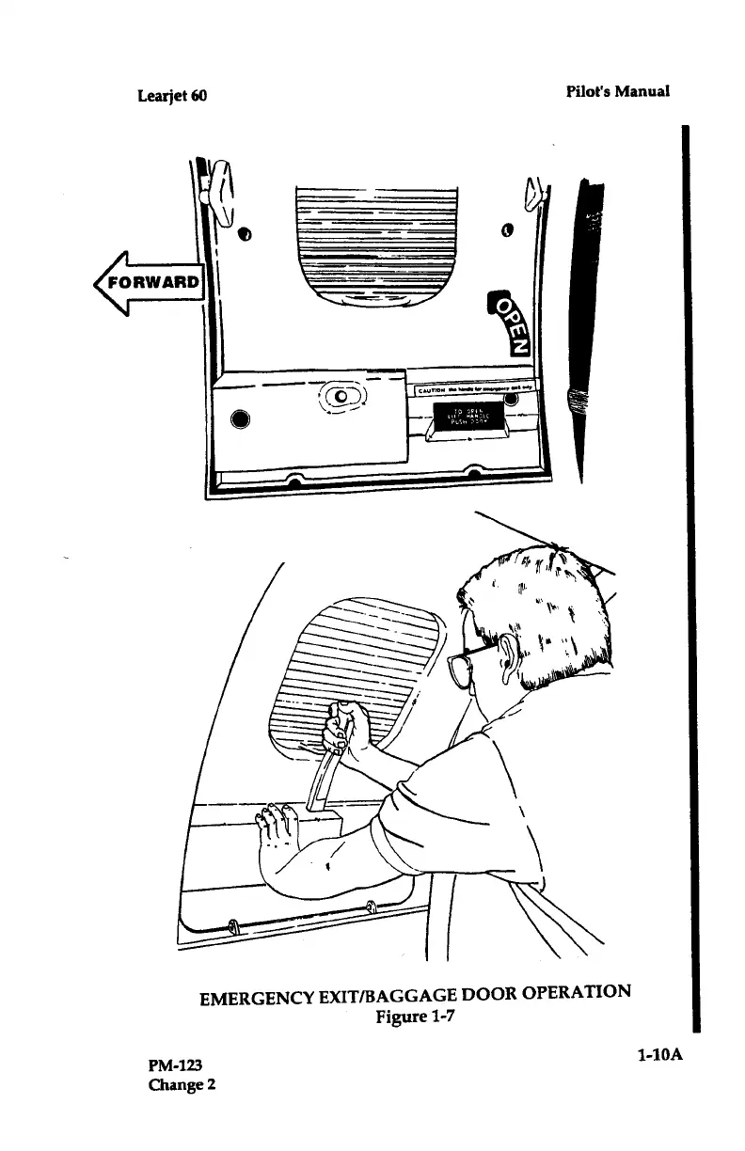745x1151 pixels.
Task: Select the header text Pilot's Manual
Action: pyautogui.click(x=617, y=91)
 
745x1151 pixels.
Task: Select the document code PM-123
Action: pyautogui.click(x=176, y=1064)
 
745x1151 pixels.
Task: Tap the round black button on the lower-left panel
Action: pyautogui.click(x=239, y=418)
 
